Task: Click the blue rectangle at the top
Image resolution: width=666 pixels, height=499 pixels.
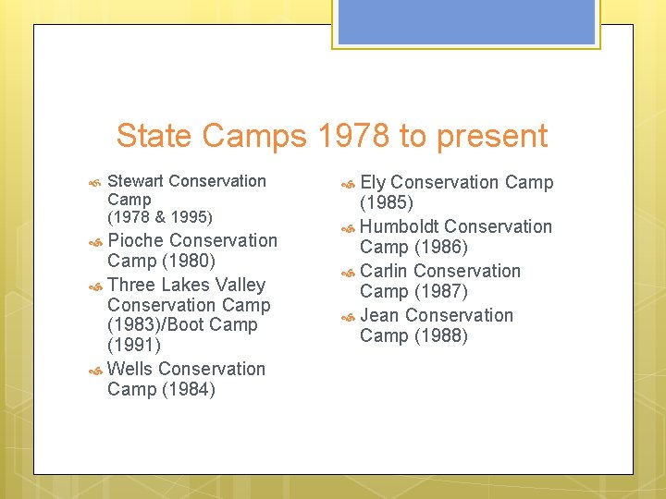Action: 466,22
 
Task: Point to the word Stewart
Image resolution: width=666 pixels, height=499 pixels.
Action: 136,181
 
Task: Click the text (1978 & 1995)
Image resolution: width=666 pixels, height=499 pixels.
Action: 160,217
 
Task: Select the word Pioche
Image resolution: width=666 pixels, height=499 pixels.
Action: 136,240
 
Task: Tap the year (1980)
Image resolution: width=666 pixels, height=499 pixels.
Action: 188,261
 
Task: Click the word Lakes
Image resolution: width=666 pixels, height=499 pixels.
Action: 186,285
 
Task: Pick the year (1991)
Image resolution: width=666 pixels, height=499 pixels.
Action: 134,346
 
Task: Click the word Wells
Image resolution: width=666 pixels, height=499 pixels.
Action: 130,369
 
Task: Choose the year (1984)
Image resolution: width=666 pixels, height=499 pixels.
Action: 188,389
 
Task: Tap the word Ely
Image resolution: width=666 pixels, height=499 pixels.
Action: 372,183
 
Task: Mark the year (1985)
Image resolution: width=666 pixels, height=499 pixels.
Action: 387,202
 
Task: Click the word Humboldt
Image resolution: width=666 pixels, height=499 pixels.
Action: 399,226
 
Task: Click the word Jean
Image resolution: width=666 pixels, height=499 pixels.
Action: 379,315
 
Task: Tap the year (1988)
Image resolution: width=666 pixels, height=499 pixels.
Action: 440,335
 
